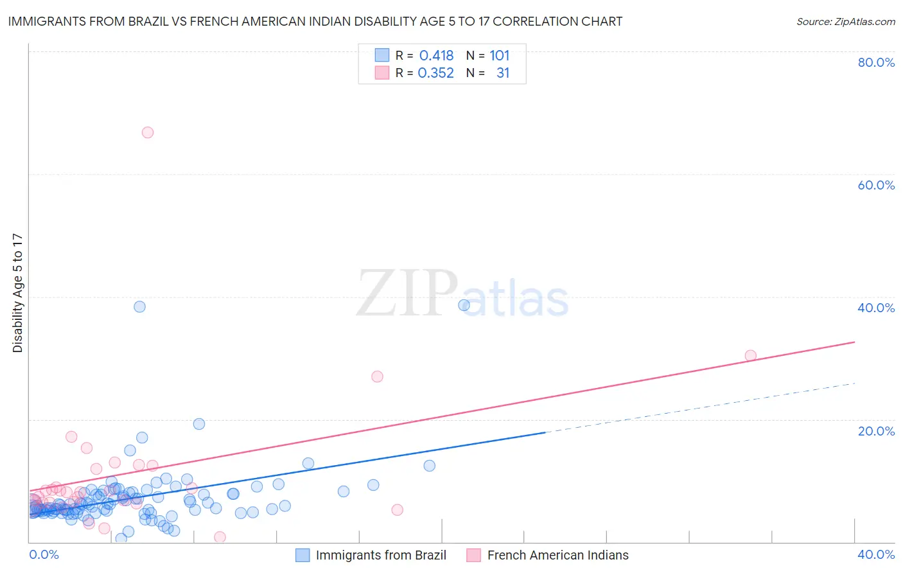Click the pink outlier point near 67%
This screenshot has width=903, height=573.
pos(148,132)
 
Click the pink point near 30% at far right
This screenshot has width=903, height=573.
pos(750,355)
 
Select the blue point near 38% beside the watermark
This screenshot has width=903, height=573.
pos(464,305)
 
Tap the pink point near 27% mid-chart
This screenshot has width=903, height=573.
pos(377,376)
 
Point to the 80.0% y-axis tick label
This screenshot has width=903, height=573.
pos(876,62)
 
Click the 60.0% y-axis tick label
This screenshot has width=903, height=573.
pos(876,185)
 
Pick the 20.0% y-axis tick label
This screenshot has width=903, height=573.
pos(876,430)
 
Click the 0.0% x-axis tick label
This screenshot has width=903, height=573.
pos(44,554)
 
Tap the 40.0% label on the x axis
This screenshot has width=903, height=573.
pos(876,554)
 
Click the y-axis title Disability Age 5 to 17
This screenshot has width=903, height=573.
pos(18,293)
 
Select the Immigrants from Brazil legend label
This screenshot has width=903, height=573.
pos(381,555)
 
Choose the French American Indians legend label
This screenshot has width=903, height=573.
pos(557,555)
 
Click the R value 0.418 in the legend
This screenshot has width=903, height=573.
pos(436,56)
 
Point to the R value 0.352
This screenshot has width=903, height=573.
pos(435,73)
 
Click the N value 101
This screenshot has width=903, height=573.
pos(499,56)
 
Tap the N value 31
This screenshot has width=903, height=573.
pos(502,73)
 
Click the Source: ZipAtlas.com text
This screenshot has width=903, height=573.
pos(845,22)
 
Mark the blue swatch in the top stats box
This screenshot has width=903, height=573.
pos(381,56)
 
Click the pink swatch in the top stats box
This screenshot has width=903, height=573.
pos(381,73)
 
